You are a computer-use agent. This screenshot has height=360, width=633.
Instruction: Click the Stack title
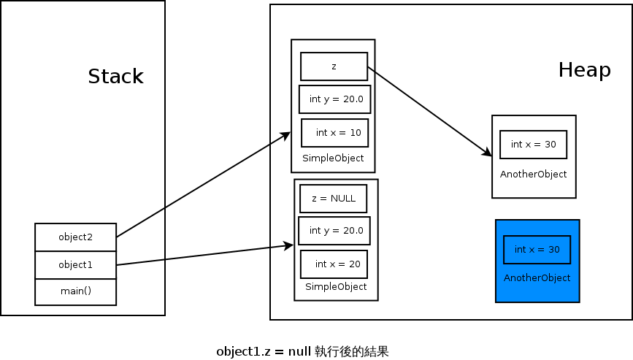coord(115,77)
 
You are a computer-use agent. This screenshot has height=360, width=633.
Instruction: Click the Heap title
coord(584,70)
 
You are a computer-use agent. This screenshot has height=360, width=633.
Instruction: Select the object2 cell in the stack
coord(76,237)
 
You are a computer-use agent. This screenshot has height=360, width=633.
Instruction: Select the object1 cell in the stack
coord(76,264)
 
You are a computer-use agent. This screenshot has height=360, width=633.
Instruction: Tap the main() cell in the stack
coord(76,291)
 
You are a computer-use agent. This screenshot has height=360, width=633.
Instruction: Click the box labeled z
coord(334,66)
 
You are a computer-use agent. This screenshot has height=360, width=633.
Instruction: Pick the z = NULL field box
coord(333,198)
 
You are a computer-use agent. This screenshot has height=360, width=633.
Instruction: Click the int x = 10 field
coord(335,133)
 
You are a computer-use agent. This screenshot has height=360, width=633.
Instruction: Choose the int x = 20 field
coord(334,264)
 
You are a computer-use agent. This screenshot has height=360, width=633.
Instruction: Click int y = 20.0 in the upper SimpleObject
coord(335,99)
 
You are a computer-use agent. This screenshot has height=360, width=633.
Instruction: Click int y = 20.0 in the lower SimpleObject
coord(334,231)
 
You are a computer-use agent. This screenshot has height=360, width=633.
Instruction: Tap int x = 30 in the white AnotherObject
coord(533,145)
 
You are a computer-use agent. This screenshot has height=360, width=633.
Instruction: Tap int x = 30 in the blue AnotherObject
coord(537,250)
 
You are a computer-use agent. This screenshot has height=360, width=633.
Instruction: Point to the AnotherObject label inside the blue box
coord(537,278)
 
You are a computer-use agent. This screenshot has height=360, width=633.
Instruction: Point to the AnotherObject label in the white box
coord(533,175)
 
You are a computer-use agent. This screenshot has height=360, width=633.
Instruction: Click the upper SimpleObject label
coord(332,158)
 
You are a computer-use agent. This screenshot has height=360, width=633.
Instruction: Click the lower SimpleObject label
coord(335,287)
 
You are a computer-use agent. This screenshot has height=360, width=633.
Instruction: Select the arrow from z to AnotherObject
coord(429,112)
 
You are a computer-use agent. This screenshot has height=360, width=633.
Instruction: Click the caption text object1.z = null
coord(264,351)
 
